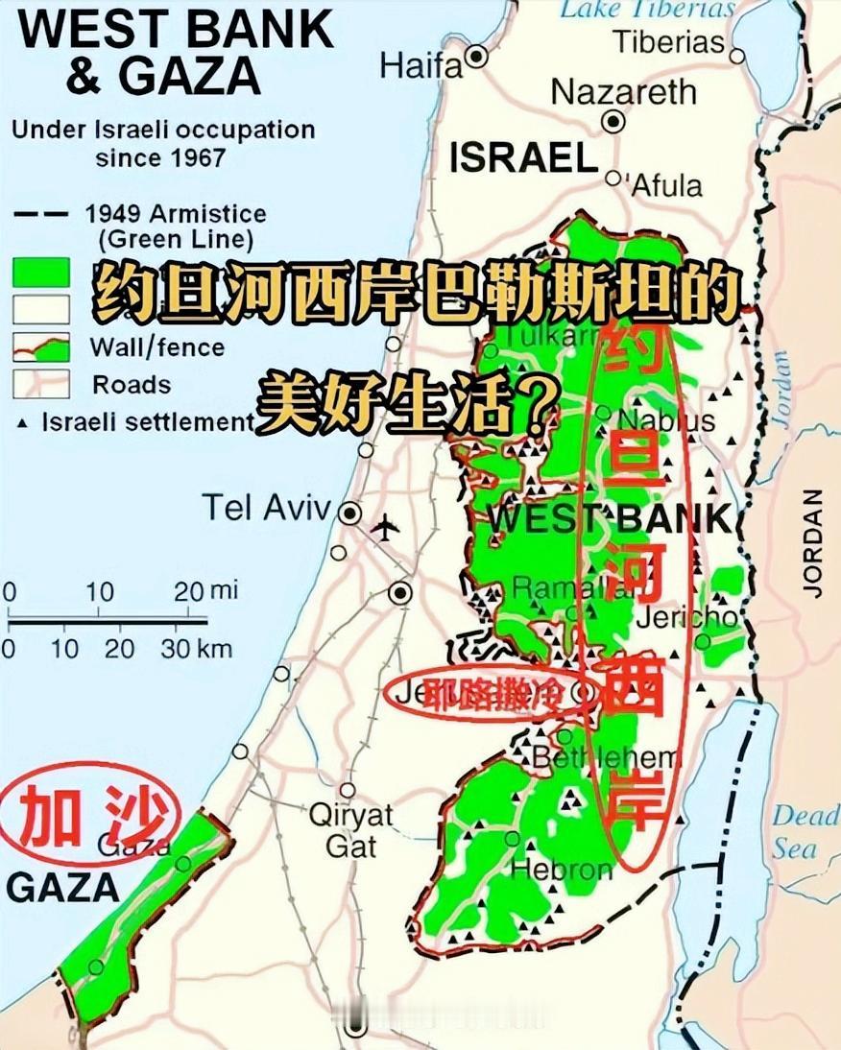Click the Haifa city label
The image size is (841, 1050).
tap(420, 65)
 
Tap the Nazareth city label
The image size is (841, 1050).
tap(623, 92)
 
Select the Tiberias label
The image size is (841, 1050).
tap(668, 42)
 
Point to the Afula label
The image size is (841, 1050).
tap(666, 184)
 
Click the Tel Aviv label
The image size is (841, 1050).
tap(266, 508)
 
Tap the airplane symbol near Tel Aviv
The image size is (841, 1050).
tap(385, 527)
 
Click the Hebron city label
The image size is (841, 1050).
tap(562, 870)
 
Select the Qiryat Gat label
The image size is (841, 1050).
tap(350, 830)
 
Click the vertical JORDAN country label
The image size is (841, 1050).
tap(814, 543)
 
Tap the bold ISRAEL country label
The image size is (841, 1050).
tap(523, 158)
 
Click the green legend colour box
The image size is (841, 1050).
tap(39, 273)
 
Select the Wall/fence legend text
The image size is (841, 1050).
tap(157, 346)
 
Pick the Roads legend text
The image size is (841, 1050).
tap(132, 385)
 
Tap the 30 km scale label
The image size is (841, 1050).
tap(197, 649)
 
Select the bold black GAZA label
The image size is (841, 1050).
tap(63, 888)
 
